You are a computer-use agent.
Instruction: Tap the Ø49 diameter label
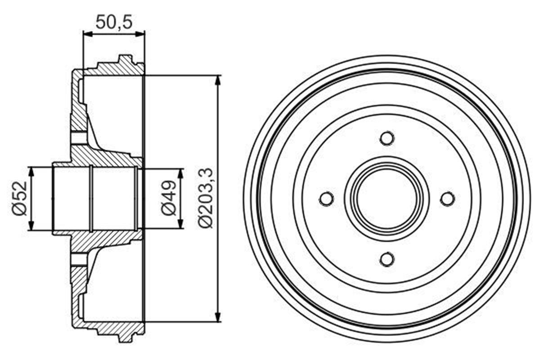pyautogui.click(x=169, y=198)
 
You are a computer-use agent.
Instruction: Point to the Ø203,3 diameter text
pyautogui.click(x=207, y=198)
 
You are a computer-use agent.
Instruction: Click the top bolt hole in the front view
pyautogui.click(x=387, y=138)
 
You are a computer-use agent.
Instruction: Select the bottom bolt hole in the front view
pyautogui.click(x=387, y=259)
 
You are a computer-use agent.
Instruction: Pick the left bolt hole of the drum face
pyautogui.click(x=326, y=198)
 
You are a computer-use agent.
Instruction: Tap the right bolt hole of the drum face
pyautogui.click(x=447, y=198)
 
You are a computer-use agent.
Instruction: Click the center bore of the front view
pyautogui.click(x=387, y=198)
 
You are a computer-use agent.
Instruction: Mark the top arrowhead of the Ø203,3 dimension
pyautogui.click(x=218, y=80)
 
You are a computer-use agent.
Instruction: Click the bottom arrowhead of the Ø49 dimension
pyautogui.click(x=181, y=225)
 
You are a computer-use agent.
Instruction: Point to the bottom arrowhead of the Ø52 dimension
pyautogui.click(x=31, y=226)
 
